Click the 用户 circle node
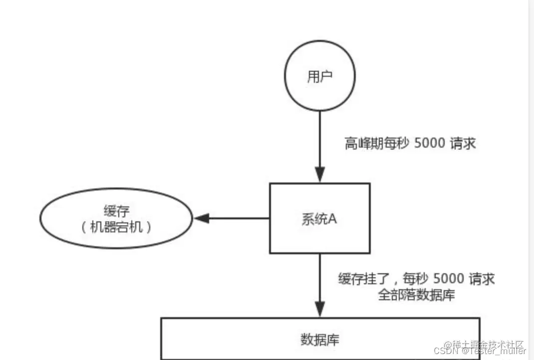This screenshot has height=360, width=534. (x=319, y=77)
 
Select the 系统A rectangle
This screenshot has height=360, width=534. (x=319, y=218)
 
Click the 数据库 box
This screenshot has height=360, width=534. (x=319, y=340)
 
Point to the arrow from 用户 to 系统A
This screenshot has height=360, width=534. (x=319, y=145)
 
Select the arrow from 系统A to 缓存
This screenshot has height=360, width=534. (x=235, y=218)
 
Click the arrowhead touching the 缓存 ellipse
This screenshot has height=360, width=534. (x=201, y=218)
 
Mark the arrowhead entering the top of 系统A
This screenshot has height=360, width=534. (x=319, y=176)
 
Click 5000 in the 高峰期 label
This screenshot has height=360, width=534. (x=432, y=144)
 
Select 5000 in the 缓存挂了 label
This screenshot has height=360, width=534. (x=449, y=278)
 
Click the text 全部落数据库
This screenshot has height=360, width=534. (x=416, y=294)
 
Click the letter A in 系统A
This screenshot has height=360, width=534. (x=333, y=218)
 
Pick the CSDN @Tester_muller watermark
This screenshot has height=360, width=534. (x=480, y=352)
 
